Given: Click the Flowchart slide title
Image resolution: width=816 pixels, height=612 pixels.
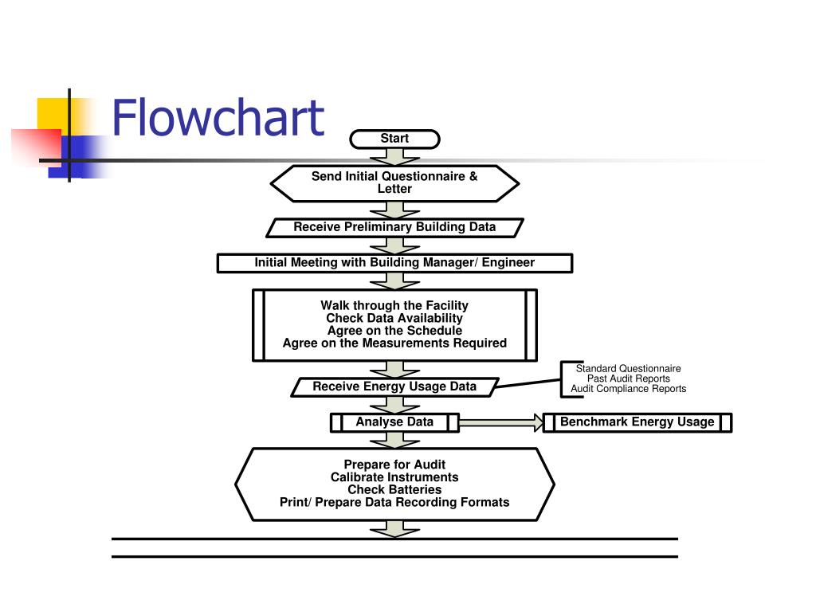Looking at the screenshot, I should pos(218,118).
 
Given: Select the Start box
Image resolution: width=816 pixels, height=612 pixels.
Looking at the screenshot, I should pos(394,139).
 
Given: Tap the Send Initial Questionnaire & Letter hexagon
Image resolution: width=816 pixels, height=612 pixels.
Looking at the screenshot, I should pos(394,182).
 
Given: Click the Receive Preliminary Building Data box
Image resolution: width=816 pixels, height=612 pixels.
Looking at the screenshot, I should pos(394,227).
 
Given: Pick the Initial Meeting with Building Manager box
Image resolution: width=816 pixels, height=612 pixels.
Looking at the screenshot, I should pos(394,263).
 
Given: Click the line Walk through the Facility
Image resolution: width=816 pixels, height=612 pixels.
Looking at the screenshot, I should pos(394,305).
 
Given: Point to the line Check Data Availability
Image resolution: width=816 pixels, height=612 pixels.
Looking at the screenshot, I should pos(394,318).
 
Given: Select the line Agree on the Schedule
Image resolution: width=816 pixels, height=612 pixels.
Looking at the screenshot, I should pos(394,331).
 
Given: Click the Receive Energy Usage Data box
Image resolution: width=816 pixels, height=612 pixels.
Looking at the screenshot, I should pos(394,386).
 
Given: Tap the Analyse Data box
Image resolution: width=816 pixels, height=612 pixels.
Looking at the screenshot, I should pos(394,422).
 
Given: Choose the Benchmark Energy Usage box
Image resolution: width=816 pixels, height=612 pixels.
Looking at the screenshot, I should pos(637,422).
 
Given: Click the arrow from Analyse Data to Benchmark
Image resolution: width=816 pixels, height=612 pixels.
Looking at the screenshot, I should pos(500,422).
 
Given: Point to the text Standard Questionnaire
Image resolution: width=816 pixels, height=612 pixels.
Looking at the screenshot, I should pos(628,368).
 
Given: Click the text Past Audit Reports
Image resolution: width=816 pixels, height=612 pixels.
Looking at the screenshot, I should pos(628,379).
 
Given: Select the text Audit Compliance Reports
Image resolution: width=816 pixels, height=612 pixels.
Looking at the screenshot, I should pos(628,389).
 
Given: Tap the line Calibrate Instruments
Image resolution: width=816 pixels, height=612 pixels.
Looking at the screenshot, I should pos(394,477).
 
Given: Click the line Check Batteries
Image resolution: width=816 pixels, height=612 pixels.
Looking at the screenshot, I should pos(394,489).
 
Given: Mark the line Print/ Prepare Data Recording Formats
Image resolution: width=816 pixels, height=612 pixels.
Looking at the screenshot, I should pos(394,502).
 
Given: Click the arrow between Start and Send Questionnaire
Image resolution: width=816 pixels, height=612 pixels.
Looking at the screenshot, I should pos(394,156).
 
